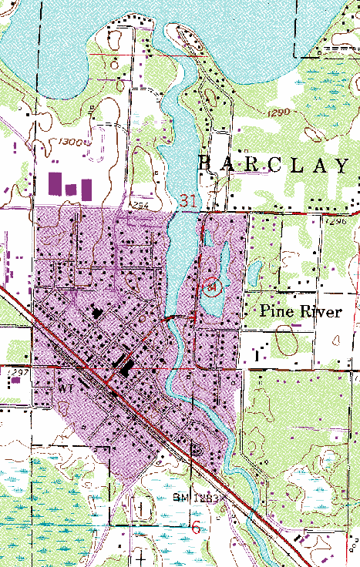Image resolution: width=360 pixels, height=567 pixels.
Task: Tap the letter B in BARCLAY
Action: (204, 163)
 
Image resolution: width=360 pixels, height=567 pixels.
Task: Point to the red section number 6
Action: (197, 528)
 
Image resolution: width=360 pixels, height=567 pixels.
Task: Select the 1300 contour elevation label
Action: (72, 143)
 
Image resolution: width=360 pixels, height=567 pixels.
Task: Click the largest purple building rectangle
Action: (55, 183)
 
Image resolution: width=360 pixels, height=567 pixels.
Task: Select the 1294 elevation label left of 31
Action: (139, 206)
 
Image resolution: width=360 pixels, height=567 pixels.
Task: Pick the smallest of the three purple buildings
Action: (72, 189)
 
